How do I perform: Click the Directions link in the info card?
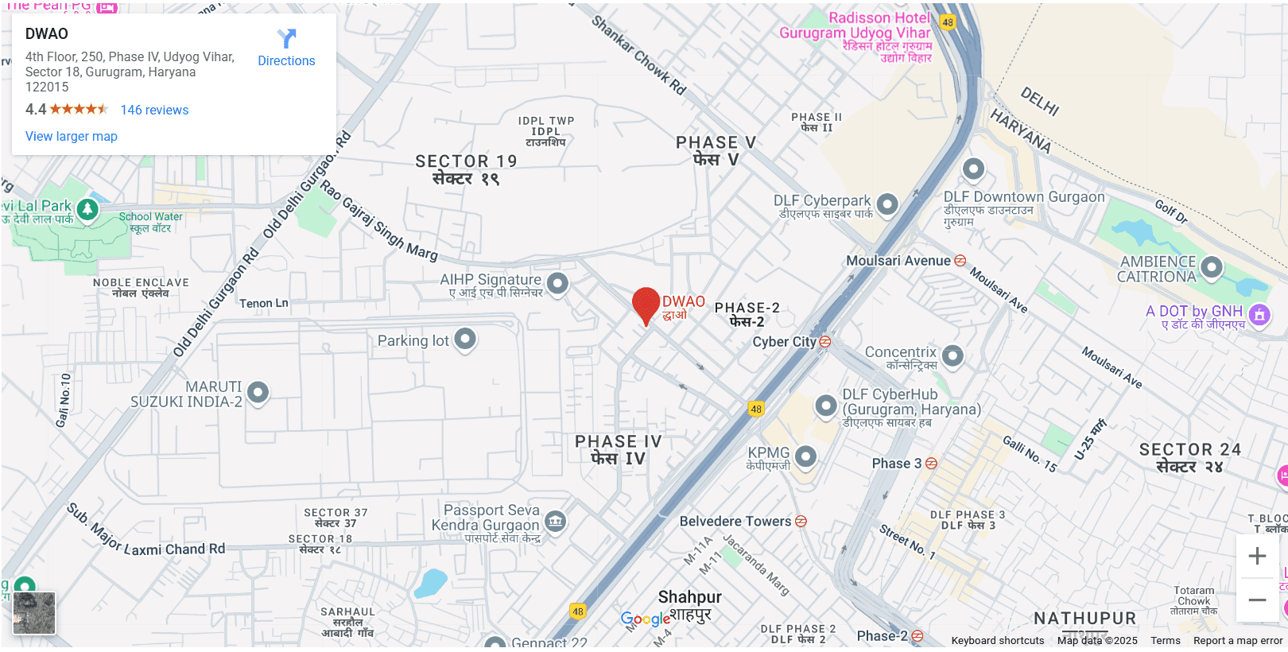tap(286, 48)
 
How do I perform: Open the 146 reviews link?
tap(154, 110)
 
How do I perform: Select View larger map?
tap(72, 136)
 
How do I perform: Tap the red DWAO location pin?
tap(646, 305)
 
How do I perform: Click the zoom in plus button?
tap(1257, 556)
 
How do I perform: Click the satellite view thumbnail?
tap(34, 612)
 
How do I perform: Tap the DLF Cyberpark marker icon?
tap(887, 204)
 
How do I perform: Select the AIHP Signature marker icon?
tap(558, 282)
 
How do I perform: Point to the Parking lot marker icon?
tap(465, 340)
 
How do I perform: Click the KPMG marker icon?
tap(806, 456)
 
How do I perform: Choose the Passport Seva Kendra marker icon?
tap(556, 522)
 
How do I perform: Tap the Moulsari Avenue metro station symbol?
tap(960, 261)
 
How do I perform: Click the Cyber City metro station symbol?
tap(825, 342)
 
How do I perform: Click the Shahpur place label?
tap(690, 597)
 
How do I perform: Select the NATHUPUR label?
tap(1085, 618)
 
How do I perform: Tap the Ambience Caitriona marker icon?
tap(1212, 267)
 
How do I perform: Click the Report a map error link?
tap(1237, 641)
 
